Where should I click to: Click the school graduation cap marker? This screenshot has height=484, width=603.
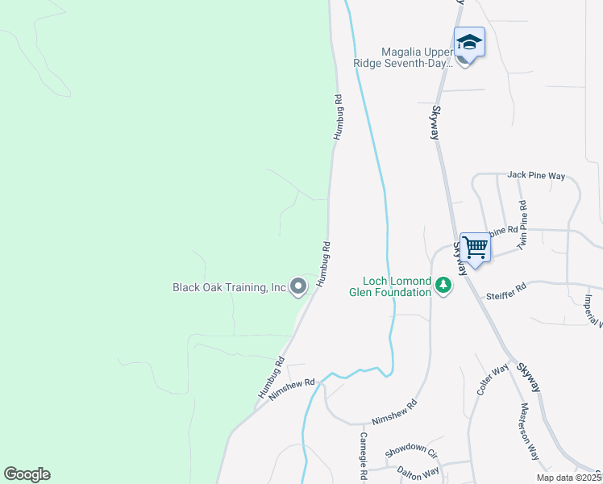(468, 41)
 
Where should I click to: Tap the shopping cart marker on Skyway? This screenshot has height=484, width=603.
(476, 246)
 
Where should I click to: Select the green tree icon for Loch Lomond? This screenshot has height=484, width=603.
(443, 285)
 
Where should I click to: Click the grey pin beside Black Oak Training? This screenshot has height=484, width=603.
(298, 286)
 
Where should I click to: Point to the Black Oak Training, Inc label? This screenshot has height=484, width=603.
(230, 287)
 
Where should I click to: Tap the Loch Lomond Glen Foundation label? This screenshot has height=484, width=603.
(390, 286)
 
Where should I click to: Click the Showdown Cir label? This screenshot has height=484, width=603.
(410, 449)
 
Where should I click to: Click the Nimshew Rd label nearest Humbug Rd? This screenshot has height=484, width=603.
(291, 388)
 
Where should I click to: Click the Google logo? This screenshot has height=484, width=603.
(27, 474)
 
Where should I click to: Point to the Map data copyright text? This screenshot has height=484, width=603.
(568, 478)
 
